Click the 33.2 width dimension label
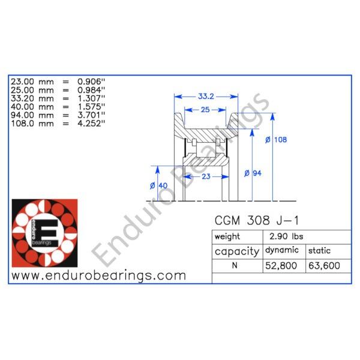click(x=206, y=97)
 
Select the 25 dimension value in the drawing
click(x=205, y=110)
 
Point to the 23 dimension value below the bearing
click(x=206, y=176)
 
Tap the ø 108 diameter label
click(x=276, y=140)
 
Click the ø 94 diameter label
click(x=253, y=173)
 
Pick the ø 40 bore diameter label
click(x=158, y=185)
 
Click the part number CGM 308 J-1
click(x=257, y=221)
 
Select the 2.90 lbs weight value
click(x=286, y=236)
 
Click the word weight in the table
click(x=227, y=237)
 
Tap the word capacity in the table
click(x=237, y=251)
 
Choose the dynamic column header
click(x=282, y=250)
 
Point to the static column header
click(x=319, y=250)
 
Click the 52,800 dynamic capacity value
click(x=281, y=266)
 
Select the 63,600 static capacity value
click(x=324, y=266)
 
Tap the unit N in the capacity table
click(x=235, y=265)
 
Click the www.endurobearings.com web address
click(x=99, y=275)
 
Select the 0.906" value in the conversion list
click(x=91, y=82)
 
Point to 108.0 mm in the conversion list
click(x=32, y=124)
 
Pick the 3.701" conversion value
click(x=91, y=115)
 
